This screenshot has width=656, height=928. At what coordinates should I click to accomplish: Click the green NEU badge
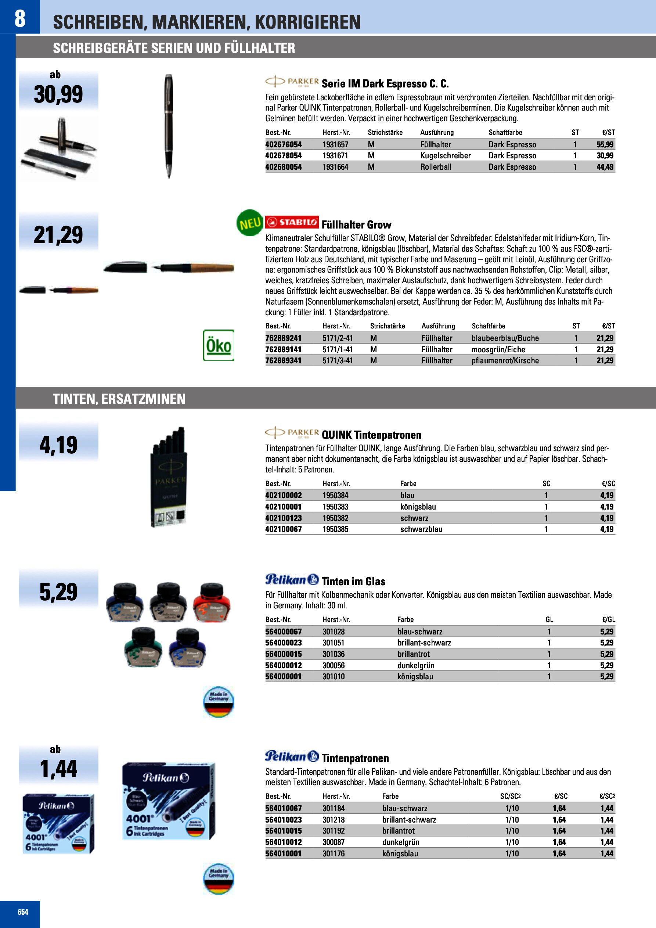[249, 223]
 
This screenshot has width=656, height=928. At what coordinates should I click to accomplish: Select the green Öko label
[218, 346]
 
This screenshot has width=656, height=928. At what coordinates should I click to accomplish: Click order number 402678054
[283, 156]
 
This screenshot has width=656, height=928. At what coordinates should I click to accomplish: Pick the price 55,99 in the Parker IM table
[605, 144]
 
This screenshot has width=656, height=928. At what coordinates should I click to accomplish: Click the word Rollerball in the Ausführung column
[436, 167]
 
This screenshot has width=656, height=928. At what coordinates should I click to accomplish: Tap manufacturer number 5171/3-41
[338, 360]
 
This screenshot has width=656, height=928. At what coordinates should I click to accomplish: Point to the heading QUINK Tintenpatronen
[371, 435]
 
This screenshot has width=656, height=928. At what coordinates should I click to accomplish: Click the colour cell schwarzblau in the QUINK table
[421, 529]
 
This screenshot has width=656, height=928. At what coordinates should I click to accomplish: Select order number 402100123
[283, 518]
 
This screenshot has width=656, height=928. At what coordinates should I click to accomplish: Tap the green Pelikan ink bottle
[143, 647]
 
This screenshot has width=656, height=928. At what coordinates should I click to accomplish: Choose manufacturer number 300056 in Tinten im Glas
[334, 665]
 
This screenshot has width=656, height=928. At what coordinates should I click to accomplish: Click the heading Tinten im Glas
[353, 581]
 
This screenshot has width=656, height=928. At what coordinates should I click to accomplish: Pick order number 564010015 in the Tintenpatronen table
[283, 831]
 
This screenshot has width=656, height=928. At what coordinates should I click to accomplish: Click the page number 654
[23, 912]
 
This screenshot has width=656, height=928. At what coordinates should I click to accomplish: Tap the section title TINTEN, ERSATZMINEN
[119, 399]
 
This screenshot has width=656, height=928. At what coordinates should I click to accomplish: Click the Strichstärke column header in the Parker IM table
[385, 133]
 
